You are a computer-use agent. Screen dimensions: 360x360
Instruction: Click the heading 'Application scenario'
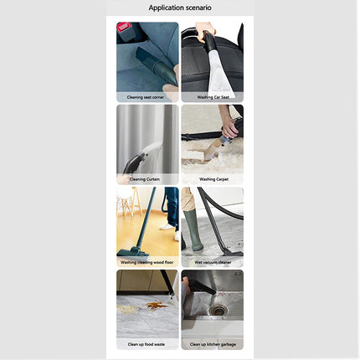click(x=180, y=8)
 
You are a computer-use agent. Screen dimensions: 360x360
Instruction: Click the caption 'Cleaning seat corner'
click(x=147, y=96)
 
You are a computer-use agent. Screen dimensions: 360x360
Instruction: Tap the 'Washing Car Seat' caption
click(x=212, y=96)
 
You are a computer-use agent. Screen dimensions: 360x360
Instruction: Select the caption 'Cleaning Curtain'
click(x=147, y=178)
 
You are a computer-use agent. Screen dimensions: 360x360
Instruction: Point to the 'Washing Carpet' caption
click(x=212, y=178)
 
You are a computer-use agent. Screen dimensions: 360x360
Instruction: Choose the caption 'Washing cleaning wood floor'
click(x=147, y=261)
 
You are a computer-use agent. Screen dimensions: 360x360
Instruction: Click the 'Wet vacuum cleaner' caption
click(x=212, y=261)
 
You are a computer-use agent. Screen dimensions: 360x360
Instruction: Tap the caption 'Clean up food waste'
click(x=147, y=343)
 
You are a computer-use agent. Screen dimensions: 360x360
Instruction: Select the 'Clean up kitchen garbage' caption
click(x=212, y=343)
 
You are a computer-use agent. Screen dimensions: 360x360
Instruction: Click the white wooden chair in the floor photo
click(x=126, y=204)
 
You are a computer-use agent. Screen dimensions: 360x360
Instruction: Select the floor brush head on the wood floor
click(x=132, y=250)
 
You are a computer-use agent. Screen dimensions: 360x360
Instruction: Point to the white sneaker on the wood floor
click(x=168, y=227)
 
